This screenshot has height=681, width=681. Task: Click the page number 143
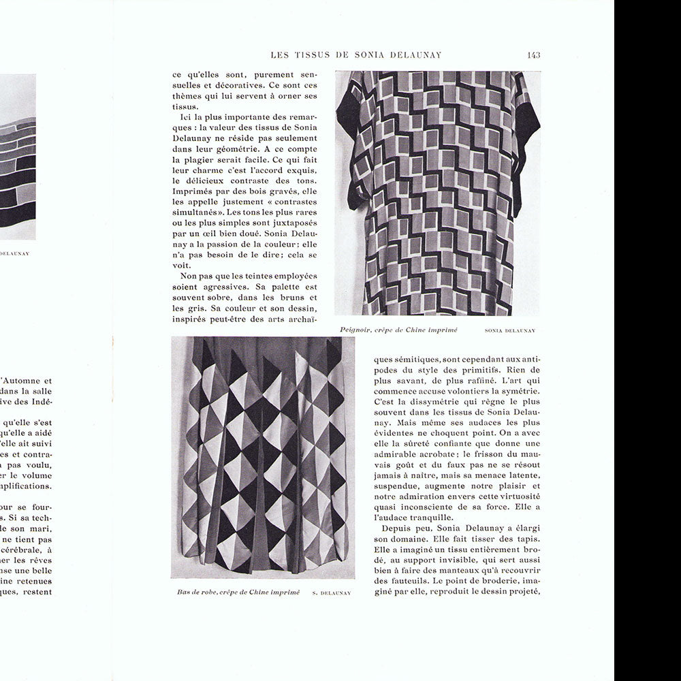533,55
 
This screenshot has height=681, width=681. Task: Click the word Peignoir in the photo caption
358,330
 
